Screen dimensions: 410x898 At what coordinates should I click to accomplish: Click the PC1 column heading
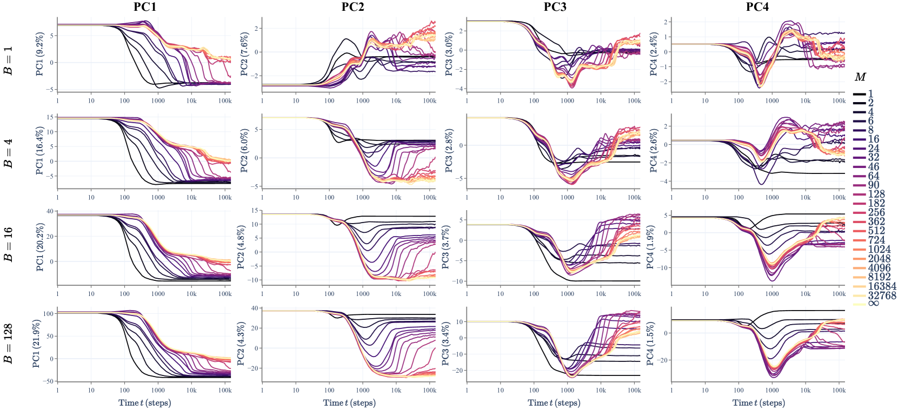pos(145,7)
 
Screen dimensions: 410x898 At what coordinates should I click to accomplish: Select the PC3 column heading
pos(555,7)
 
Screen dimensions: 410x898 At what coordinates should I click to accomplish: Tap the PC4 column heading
pos(757,7)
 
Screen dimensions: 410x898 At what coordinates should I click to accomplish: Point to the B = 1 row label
pos(9,61)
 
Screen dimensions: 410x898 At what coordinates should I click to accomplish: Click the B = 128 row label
pos(9,344)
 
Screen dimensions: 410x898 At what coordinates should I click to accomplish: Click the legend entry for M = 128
pos(876,194)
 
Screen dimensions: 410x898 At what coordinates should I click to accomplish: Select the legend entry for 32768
pos(882,295)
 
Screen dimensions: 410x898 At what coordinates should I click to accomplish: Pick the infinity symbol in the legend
pos(873,304)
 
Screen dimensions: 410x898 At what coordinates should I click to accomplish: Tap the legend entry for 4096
pos(879,267)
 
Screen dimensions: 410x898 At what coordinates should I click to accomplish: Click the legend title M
pos(860,77)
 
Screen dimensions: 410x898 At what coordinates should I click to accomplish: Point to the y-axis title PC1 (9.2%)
pos(39,55)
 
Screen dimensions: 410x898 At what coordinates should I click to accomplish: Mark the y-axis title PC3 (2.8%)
pos(448,151)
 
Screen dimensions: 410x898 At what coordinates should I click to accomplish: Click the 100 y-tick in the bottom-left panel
pos(48,313)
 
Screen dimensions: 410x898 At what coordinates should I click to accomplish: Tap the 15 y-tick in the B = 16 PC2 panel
pos(254,211)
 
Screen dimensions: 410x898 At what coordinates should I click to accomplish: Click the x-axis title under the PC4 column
pos(759,402)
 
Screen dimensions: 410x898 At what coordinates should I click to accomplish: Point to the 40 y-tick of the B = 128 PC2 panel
pos(254,308)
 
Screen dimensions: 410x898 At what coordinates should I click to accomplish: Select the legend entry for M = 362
pos(876,221)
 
